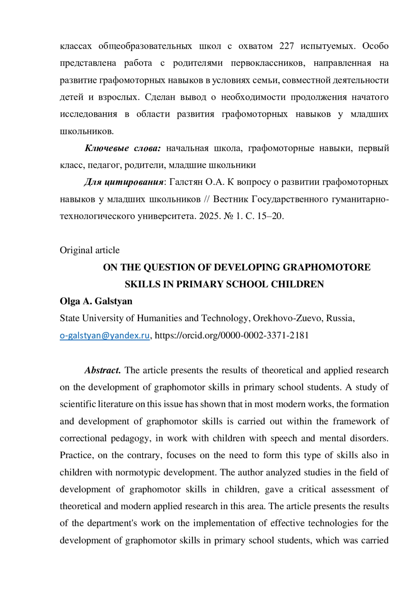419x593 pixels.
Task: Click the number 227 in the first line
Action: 286,46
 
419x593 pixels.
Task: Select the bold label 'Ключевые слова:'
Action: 123,148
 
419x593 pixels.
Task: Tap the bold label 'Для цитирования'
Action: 124,182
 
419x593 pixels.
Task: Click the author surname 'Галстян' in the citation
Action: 186,182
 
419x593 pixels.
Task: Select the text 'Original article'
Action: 90,250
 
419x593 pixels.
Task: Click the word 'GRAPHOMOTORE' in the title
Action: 326,267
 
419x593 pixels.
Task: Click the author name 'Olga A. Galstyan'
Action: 96,301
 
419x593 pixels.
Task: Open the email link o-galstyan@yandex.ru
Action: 105,335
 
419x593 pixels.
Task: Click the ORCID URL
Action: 231,335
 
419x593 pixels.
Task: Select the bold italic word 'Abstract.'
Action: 103,370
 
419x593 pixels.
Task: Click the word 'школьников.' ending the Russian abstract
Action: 87,131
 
